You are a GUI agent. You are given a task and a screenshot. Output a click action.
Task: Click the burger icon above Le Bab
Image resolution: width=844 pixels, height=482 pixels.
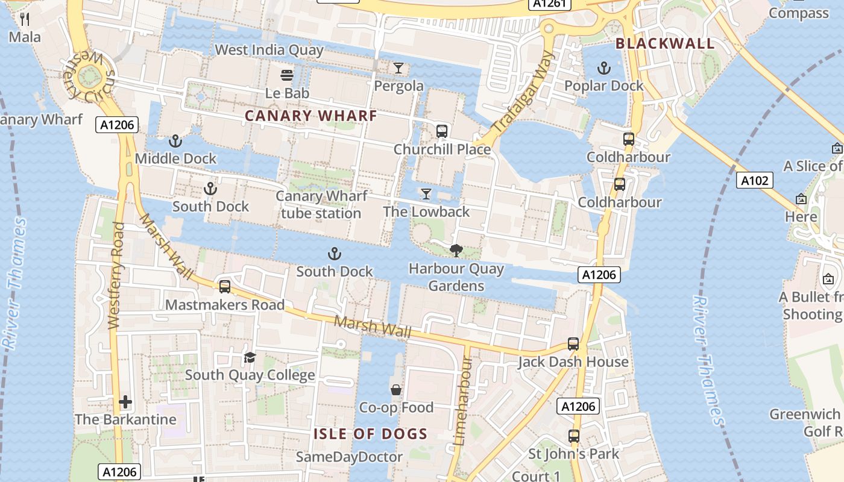coord(287,75)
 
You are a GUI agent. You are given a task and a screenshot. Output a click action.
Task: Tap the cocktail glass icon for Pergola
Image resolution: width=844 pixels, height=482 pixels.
coord(398,68)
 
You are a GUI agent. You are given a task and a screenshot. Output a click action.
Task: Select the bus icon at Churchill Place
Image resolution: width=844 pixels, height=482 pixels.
coord(442,131)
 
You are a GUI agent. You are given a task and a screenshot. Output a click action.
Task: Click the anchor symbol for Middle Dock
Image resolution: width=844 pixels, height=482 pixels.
coord(175,141)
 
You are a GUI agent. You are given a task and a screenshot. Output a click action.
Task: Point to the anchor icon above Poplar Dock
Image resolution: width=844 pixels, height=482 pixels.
coord(603,68)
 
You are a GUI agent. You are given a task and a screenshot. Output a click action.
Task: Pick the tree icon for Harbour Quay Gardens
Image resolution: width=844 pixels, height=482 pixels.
coord(456,250)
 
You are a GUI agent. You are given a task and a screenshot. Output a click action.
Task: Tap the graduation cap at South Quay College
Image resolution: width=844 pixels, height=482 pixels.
coord(250,358)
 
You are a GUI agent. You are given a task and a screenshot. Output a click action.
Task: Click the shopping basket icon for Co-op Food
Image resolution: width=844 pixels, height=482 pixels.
coord(396,390)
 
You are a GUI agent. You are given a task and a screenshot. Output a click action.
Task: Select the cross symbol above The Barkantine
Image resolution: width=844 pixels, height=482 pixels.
coord(125,402)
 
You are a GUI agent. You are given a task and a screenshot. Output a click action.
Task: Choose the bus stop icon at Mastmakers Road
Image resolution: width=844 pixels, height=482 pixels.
coord(225,287)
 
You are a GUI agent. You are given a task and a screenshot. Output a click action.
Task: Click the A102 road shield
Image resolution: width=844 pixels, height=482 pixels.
coord(754,180)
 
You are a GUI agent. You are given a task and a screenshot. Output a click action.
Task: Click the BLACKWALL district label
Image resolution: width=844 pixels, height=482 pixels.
coord(665,43)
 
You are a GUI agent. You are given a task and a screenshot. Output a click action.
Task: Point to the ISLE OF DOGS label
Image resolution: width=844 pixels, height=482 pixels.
coord(370,434)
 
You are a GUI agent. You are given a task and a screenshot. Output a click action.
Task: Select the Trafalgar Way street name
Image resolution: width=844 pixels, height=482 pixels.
coord(523,93)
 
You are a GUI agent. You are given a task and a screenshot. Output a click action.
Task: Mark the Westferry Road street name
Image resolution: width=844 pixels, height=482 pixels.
coord(116,276)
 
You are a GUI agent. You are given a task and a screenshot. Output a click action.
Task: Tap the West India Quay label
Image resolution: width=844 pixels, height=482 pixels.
coord(269,50)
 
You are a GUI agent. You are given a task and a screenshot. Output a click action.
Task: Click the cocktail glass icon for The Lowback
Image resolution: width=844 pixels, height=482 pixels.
coord(426,193)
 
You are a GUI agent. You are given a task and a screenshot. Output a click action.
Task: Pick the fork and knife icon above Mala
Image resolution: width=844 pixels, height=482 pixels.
coord(25,19)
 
